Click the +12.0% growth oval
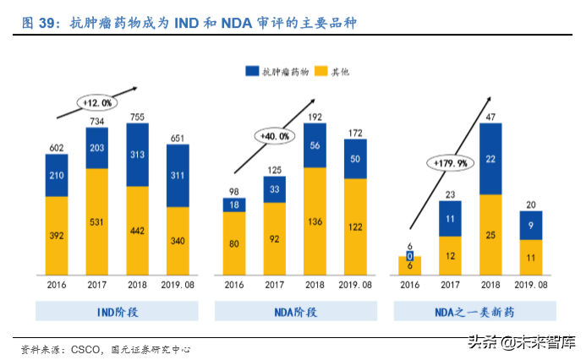96,101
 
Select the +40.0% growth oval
276,135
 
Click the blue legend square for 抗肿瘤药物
252,71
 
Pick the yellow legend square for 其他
320,71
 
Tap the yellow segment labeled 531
96,221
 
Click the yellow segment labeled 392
57,236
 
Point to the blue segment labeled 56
315,145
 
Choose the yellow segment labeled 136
315,221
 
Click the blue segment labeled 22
490,159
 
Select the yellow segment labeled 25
490,235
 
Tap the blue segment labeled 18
234,205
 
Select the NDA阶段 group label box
296,312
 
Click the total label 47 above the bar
490,117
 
